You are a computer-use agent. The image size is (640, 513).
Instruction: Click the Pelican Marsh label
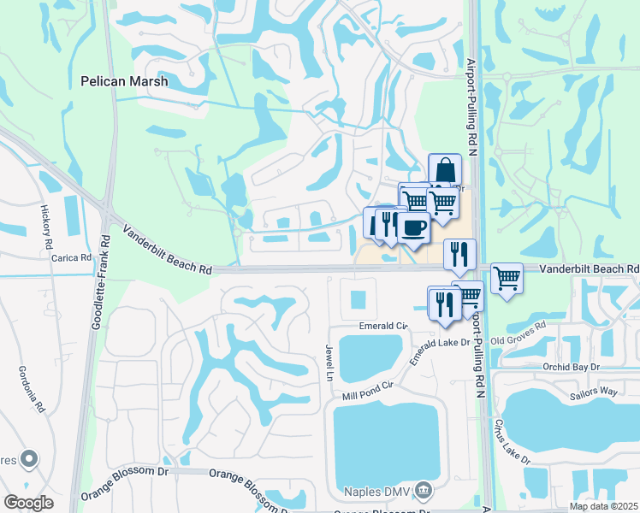(x=123, y=82)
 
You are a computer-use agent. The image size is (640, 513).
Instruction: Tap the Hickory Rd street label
(x=45, y=226)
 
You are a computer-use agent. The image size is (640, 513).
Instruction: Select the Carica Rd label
(x=71, y=257)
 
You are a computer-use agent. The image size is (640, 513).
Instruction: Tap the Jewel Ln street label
(x=329, y=363)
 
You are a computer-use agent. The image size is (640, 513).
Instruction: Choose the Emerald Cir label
(x=382, y=327)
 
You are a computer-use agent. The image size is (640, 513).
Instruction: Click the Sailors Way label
(x=595, y=391)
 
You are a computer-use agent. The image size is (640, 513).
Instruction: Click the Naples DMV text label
(x=377, y=491)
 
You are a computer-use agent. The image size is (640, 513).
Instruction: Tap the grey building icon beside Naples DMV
(x=423, y=490)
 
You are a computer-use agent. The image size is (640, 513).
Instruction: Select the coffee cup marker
(x=415, y=228)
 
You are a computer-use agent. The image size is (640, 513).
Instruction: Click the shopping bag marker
(x=445, y=169)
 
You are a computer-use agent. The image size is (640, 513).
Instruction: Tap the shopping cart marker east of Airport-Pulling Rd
(x=507, y=277)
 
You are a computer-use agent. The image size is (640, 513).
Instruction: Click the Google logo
(x=29, y=503)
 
